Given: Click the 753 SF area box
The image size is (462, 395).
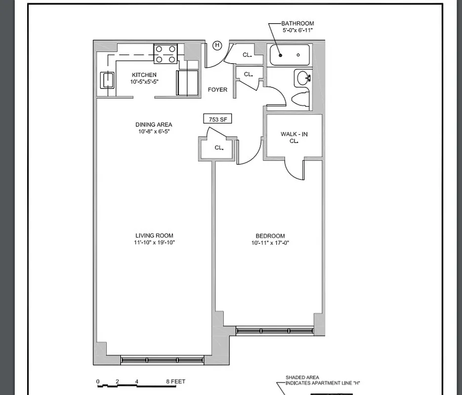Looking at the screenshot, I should click(217, 119).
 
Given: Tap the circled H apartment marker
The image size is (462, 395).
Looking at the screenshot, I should click(217, 45).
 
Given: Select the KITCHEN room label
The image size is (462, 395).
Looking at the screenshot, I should click(144, 75).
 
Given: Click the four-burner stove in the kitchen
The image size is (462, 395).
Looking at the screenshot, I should click(166, 53).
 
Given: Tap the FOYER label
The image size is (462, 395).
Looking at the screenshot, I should click(217, 90).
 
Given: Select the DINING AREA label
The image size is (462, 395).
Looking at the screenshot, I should click(154, 125).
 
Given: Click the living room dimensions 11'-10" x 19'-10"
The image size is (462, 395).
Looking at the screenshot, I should click(155, 242).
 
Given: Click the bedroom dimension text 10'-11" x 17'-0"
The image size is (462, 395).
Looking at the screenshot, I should click(270, 243).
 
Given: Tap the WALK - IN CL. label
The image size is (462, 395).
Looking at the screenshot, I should click(294, 137).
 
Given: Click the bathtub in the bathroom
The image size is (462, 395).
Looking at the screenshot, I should click(290, 55).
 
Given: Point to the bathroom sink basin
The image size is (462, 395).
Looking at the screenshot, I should click(302, 78).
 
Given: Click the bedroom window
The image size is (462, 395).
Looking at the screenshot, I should click(275, 331).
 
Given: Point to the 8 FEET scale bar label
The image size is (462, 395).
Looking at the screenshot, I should click(175, 382).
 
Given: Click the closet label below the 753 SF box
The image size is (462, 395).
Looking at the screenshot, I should click(219, 148).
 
